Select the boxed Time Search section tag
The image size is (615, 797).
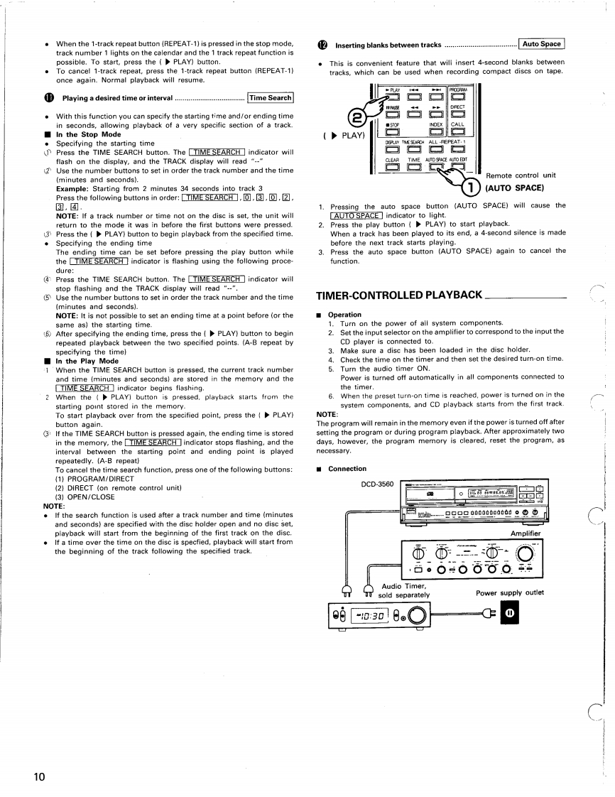point(270,98)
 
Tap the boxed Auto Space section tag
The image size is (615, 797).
point(541,44)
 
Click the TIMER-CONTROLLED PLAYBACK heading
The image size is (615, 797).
point(398,296)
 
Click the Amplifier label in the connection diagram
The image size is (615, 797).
point(526,533)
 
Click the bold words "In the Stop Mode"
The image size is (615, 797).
point(88,134)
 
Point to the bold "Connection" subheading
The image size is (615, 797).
point(347,469)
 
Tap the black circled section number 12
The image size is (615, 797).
point(321,45)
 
